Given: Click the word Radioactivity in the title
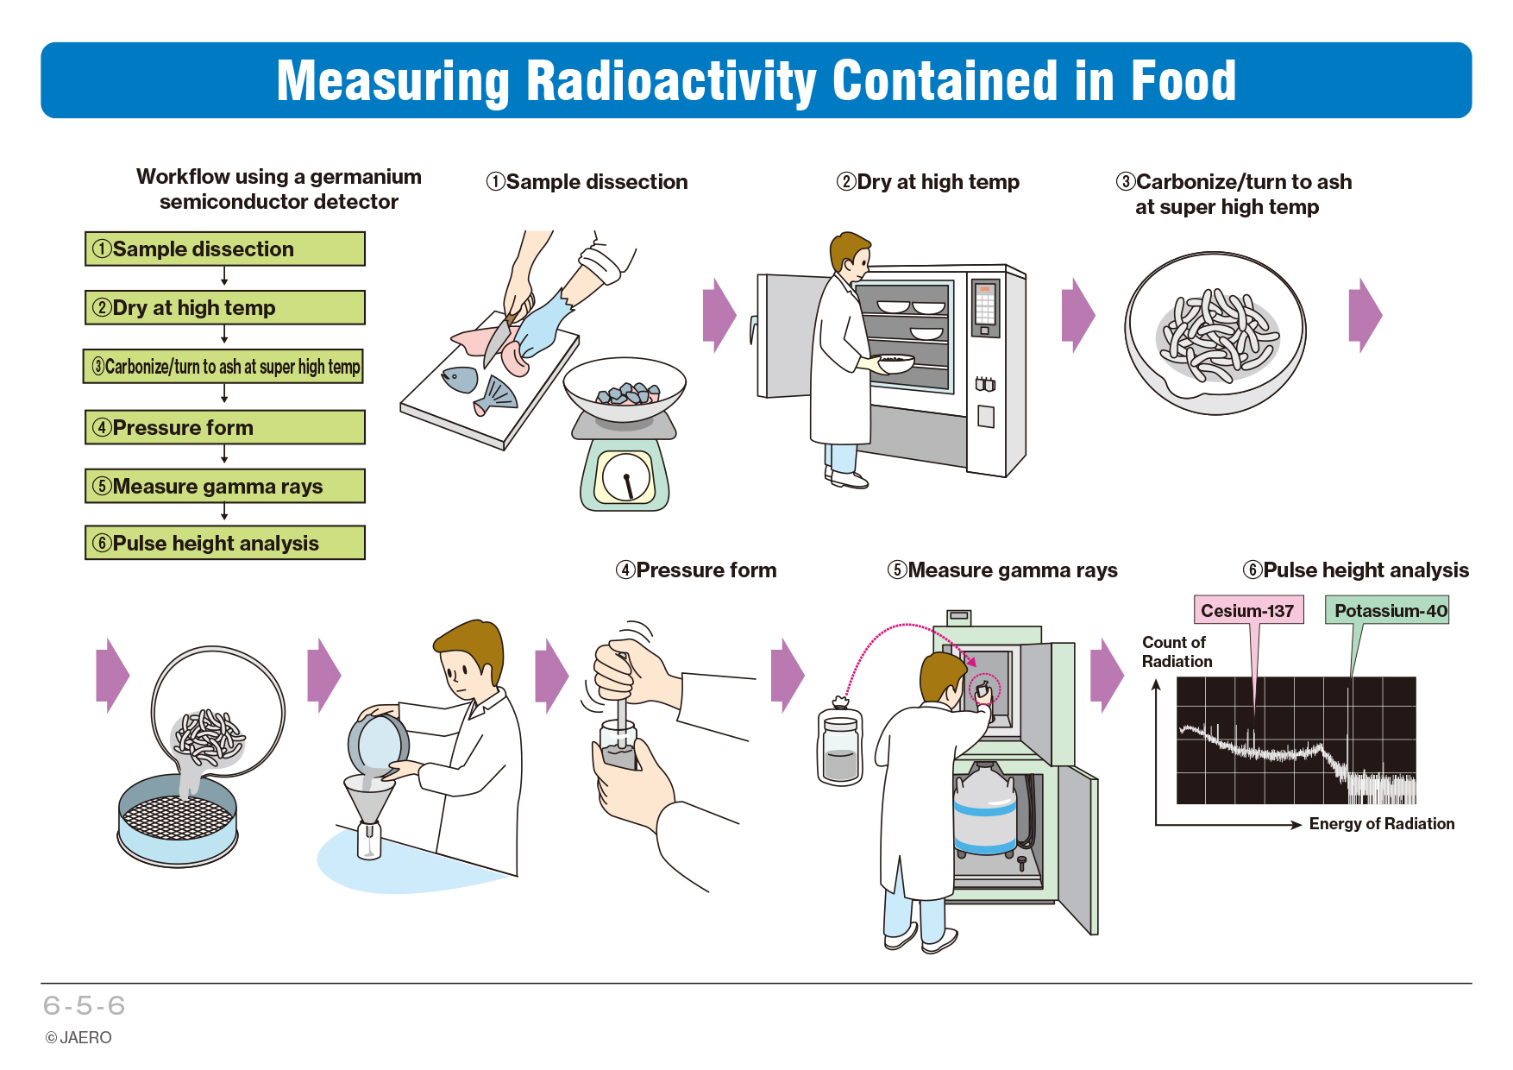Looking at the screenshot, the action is click(x=670, y=81).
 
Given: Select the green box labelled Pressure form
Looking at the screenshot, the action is click(x=225, y=427).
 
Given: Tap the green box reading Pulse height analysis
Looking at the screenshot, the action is click(x=225, y=543).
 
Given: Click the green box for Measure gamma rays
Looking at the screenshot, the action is click(x=225, y=486).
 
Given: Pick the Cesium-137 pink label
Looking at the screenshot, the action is click(x=1248, y=610).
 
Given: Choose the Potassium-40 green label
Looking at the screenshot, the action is click(x=1387, y=610).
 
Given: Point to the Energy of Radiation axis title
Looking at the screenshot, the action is click(x=1382, y=824).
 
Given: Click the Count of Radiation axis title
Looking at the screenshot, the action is click(x=1177, y=652).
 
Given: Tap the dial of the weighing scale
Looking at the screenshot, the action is click(x=626, y=477).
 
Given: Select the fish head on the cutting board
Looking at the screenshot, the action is click(x=460, y=379).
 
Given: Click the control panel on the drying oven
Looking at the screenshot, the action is click(x=985, y=307).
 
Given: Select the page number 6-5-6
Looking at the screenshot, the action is click(x=85, y=1005).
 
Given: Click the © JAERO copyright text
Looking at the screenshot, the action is click(x=78, y=1038).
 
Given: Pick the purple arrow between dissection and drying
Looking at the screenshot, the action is click(x=719, y=315).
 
